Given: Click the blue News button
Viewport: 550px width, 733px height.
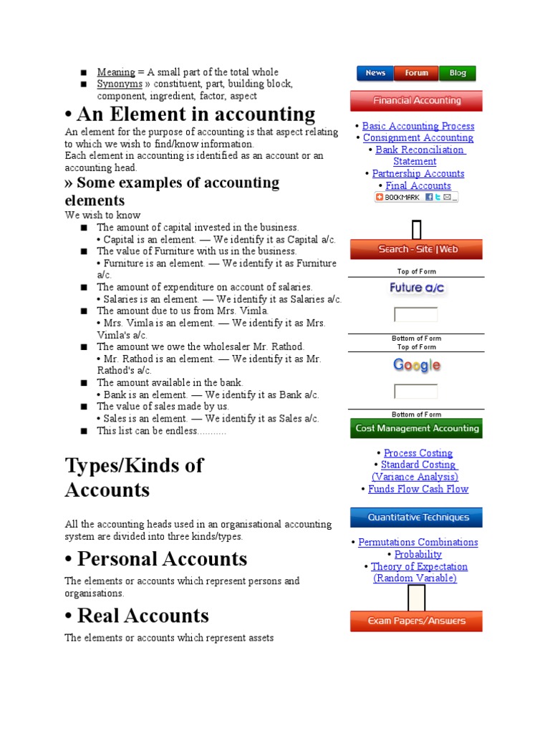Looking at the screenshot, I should pyautogui.click(x=375, y=73).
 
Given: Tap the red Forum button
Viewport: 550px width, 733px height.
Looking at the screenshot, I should pyautogui.click(x=416, y=73).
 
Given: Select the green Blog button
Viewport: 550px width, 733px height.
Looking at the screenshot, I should pyautogui.click(x=458, y=73).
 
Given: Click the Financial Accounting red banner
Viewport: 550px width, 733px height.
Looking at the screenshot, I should pyautogui.click(x=416, y=101).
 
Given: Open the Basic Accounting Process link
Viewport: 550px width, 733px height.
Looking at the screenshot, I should pyautogui.click(x=418, y=126).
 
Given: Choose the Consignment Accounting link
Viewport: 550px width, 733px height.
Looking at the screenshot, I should pyautogui.click(x=418, y=138).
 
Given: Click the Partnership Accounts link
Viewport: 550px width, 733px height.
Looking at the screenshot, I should pyautogui.click(x=418, y=174).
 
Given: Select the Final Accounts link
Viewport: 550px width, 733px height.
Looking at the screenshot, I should pyautogui.click(x=418, y=186).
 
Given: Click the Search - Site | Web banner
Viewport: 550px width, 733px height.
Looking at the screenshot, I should pyautogui.click(x=416, y=249).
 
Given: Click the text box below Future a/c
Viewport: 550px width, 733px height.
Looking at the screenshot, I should pyautogui.click(x=416, y=315).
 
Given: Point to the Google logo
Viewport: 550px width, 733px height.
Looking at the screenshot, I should pyautogui.click(x=416, y=366).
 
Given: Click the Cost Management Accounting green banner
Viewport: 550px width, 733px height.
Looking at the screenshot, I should pyautogui.click(x=416, y=429).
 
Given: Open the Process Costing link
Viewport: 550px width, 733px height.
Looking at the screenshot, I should pyautogui.click(x=418, y=453).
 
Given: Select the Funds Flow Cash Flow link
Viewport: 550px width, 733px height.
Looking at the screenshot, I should pyautogui.click(x=418, y=490).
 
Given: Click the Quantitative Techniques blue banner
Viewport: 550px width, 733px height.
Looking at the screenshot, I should pyautogui.click(x=416, y=518).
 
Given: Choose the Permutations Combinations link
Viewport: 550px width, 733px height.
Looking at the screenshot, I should pyautogui.click(x=418, y=543).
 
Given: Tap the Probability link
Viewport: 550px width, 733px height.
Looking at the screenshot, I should pyautogui.click(x=418, y=555).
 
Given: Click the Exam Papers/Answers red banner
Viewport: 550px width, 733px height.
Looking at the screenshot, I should pyautogui.click(x=416, y=621).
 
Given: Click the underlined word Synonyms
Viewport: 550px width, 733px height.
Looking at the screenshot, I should pyautogui.click(x=120, y=84).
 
